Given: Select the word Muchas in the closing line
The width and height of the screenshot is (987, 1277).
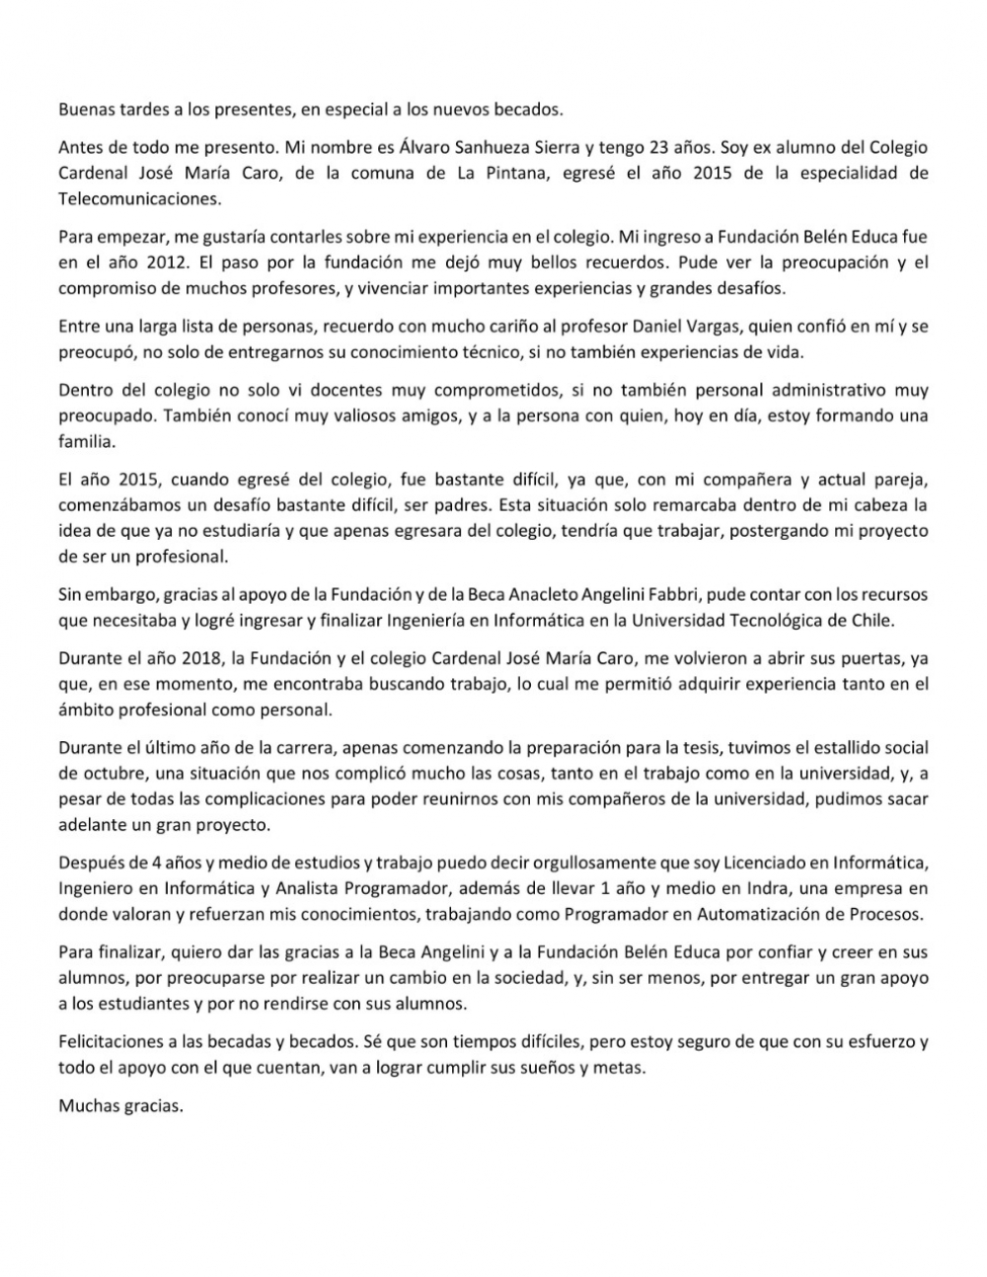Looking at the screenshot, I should click(87, 1105).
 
